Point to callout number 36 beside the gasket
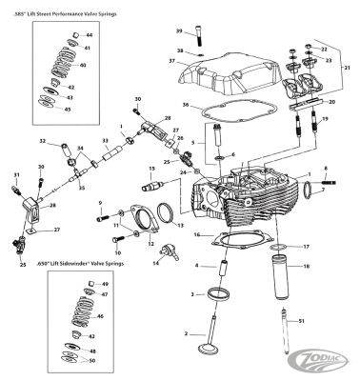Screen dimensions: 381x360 click(x=187, y=106)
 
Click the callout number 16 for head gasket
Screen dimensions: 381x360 click(x=195, y=233)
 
